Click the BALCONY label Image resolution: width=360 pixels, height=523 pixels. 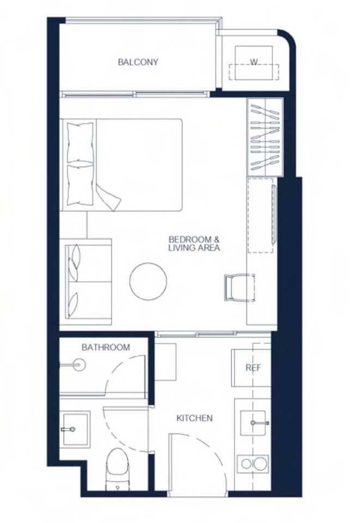click(x=138, y=62)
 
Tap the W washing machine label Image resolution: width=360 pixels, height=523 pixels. click(x=254, y=62)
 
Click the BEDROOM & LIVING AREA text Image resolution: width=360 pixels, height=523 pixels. click(x=194, y=244)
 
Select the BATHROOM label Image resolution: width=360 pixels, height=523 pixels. click(x=106, y=347)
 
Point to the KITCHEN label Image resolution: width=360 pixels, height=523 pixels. click(x=194, y=418)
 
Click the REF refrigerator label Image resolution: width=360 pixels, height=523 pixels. click(x=253, y=368)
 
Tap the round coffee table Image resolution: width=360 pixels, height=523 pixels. click(x=148, y=281)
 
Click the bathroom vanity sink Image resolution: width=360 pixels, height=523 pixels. click(x=75, y=429)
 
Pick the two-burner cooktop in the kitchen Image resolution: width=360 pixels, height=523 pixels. click(x=253, y=464)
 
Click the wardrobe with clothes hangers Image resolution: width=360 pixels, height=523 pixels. click(x=265, y=137)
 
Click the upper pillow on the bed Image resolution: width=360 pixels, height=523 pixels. click(x=80, y=142)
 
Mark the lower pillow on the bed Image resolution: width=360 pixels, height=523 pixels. click(x=80, y=185)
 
